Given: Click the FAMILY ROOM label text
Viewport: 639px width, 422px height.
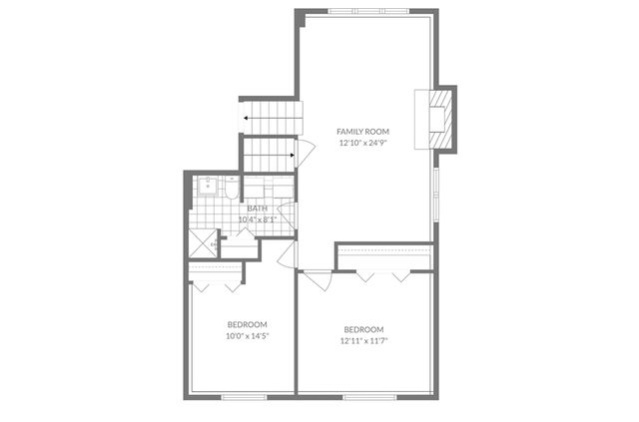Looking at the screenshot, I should point(362,132).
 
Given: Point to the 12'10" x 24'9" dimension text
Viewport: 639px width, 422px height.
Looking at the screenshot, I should point(362,143).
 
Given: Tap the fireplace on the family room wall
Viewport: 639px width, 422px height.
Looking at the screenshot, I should point(435,117).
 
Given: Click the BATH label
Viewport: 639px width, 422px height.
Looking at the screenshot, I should point(258,209).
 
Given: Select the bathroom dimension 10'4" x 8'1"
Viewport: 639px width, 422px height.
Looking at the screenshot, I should point(258,219).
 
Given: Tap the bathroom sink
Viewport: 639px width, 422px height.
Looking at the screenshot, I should point(208,185).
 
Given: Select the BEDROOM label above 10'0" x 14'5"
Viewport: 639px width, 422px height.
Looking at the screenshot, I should point(247,325).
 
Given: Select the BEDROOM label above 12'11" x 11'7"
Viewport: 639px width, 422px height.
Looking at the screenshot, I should point(363,329).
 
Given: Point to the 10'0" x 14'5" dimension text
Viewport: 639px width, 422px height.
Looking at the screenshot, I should point(247,336).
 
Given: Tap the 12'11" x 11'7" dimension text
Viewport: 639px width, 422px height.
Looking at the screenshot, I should point(363,340).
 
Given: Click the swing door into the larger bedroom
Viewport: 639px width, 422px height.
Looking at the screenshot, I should point(319,280).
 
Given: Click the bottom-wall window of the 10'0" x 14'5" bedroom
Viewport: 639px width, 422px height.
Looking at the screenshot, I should point(243,396).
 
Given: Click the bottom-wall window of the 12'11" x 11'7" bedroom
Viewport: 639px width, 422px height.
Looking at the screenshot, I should point(365,396).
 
